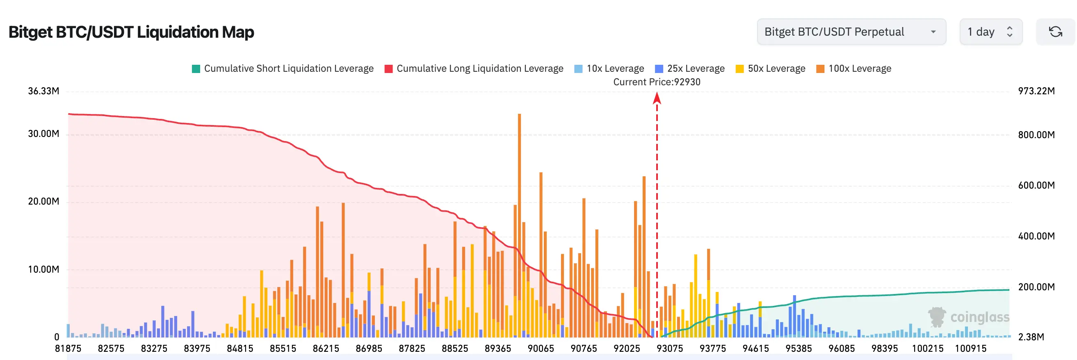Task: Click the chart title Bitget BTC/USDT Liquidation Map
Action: click(x=131, y=32)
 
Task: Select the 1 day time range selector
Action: click(x=990, y=32)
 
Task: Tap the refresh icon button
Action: click(x=1055, y=32)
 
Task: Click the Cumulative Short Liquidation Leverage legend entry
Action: click(x=283, y=68)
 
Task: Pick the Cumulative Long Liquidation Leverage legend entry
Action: click(x=474, y=68)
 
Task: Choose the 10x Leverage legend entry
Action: click(x=609, y=68)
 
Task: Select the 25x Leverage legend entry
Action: click(x=690, y=68)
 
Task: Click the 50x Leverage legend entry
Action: click(x=771, y=68)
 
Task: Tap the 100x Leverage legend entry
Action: click(x=854, y=68)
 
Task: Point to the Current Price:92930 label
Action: click(x=656, y=82)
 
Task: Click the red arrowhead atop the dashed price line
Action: click(x=657, y=98)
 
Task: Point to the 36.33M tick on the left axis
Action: click(x=43, y=91)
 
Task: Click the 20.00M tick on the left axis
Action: click(x=43, y=202)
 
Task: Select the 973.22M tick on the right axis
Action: click(x=1036, y=91)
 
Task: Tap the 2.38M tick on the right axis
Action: click(x=1031, y=337)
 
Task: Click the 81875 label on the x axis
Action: click(x=68, y=349)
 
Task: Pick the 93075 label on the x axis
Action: click(x=669, y=349)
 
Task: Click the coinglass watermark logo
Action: click(x=968, y=317)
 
